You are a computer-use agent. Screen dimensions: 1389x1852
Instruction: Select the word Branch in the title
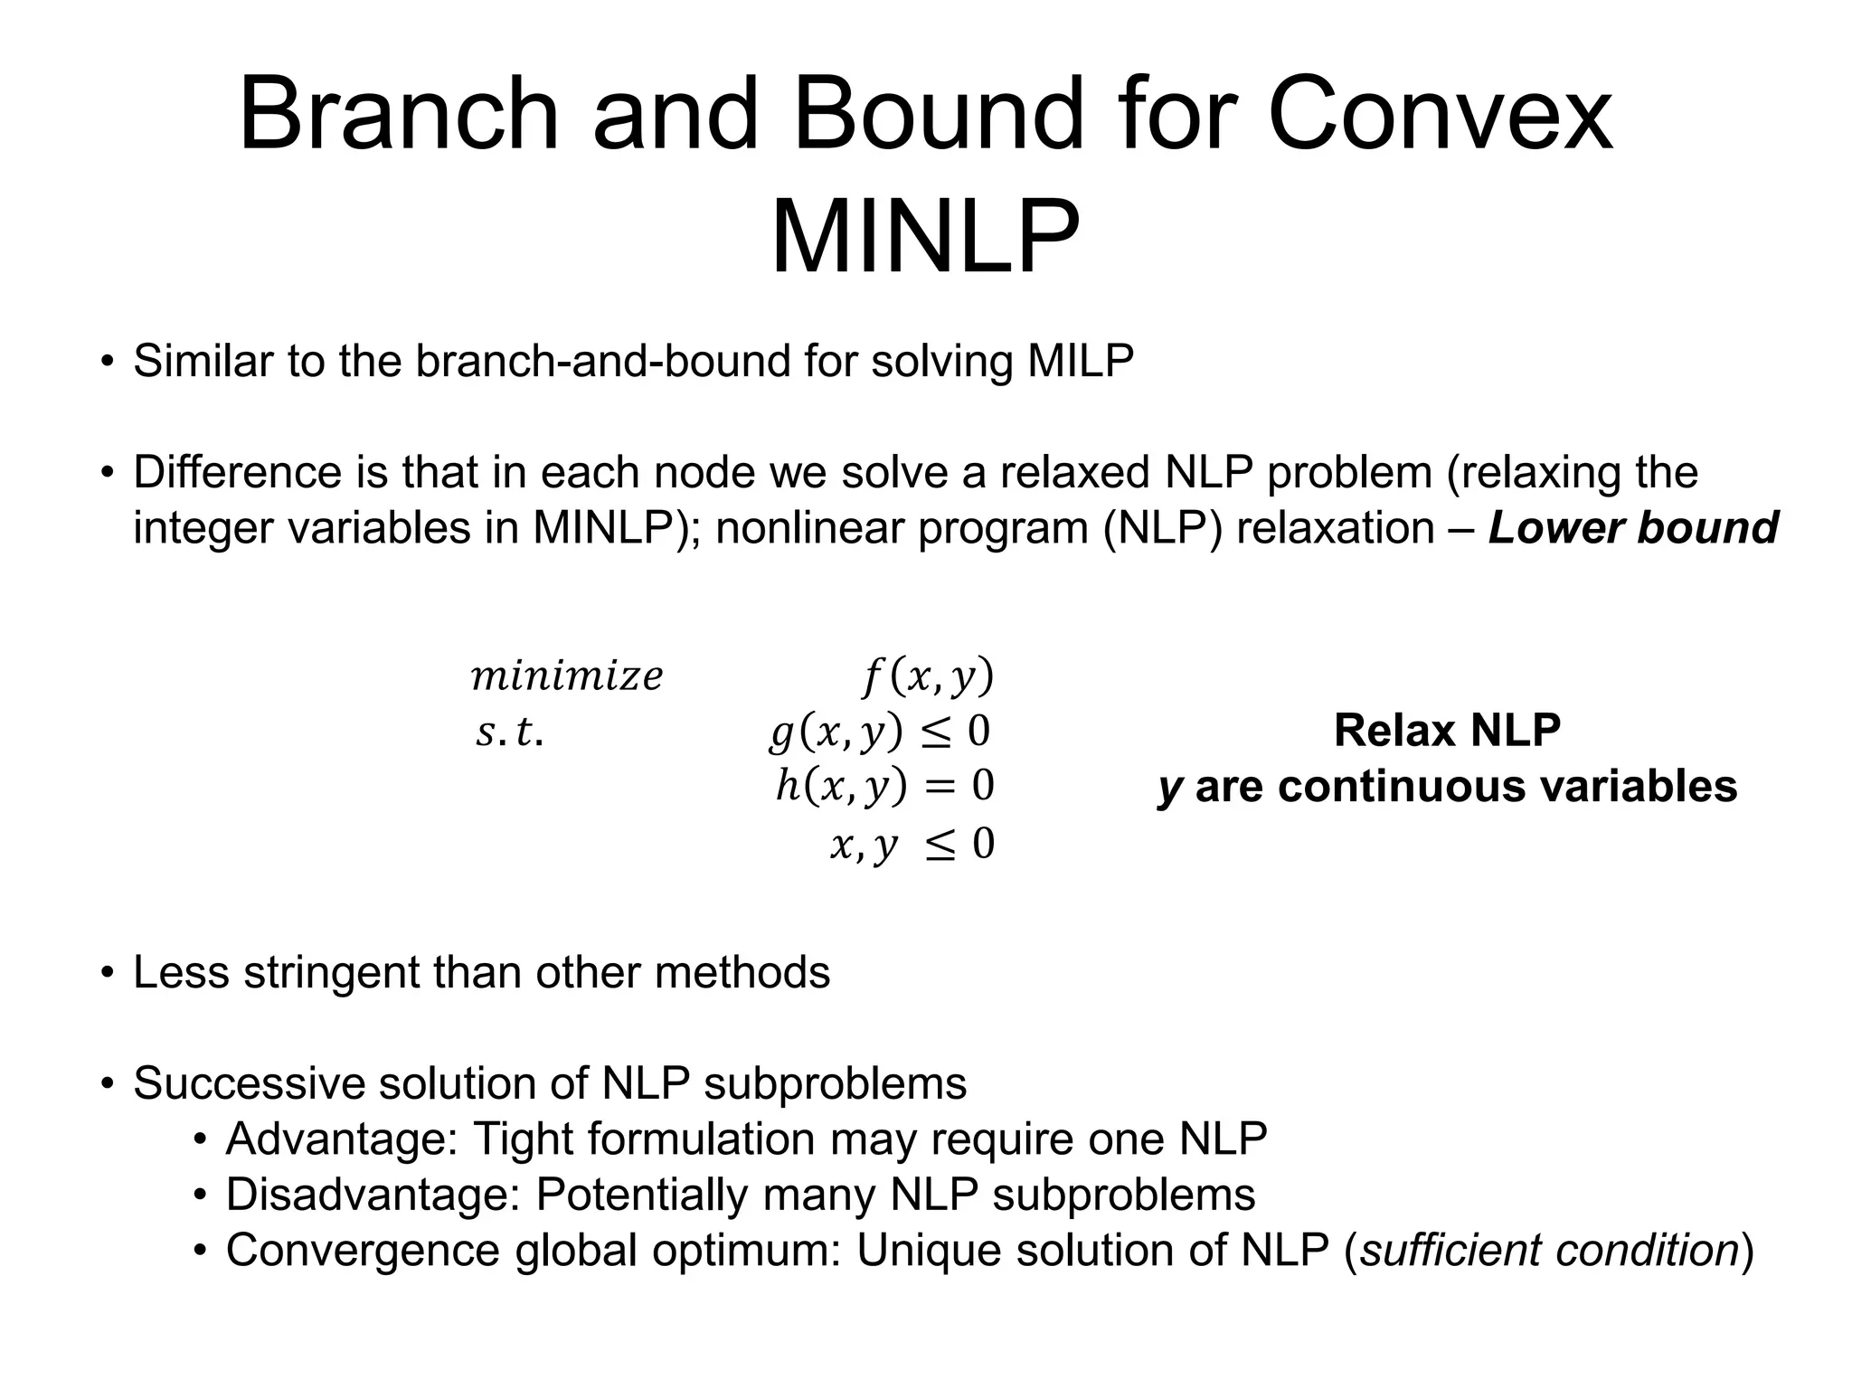coord(399,116)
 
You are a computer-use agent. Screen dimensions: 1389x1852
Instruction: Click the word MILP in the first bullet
coord(1080,361)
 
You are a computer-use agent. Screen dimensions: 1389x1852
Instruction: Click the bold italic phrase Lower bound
coord(1633,528)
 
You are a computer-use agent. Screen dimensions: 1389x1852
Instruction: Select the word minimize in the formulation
coord(567,676)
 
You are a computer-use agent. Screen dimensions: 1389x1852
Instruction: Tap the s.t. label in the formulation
coord(509,732)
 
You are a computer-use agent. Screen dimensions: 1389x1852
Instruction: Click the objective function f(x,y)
coord(928,676)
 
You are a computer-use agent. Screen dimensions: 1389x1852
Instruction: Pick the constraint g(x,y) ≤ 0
coord(880,732)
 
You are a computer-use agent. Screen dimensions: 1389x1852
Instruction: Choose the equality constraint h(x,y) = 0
coord(884,787)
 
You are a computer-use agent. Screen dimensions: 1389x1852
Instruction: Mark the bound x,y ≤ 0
coord(912,845)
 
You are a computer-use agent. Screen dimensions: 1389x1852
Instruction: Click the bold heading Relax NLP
coord(1447,731)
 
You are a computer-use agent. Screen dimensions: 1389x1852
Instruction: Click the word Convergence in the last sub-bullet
coord(363,1251)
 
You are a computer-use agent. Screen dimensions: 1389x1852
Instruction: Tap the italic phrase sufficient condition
coord(1549,1251)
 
